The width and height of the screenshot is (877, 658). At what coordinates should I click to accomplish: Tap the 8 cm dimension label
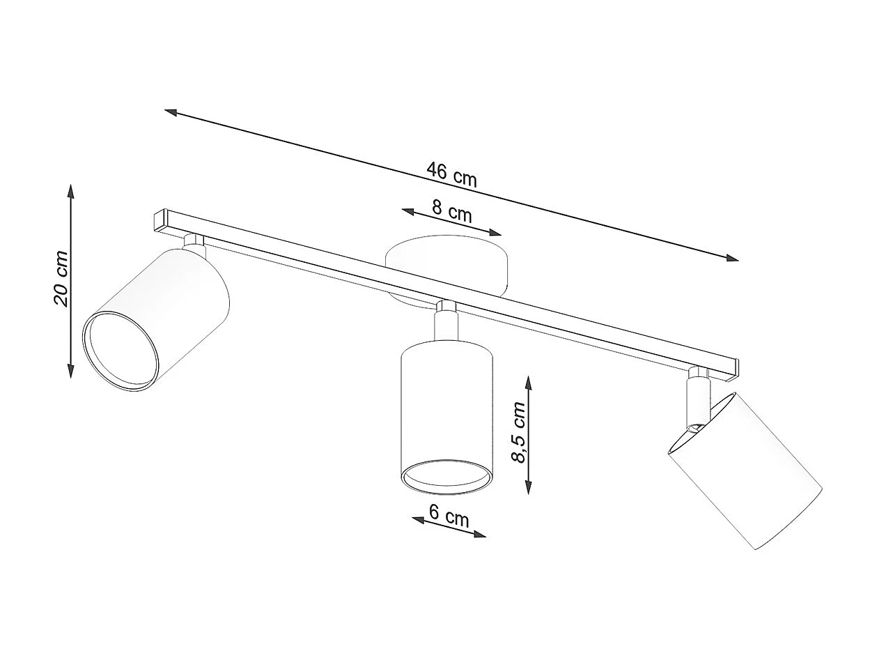tap(451, 211)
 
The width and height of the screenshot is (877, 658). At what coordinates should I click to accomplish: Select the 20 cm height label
tap(61, 277)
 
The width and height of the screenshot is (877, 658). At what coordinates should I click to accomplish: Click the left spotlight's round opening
tap(119, 351)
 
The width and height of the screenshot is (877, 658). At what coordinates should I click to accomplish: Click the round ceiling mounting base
tap(447, 268)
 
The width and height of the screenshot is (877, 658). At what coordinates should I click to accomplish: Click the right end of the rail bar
tap(731, 369)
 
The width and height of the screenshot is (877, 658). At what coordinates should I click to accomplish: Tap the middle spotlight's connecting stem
tap(446, 324)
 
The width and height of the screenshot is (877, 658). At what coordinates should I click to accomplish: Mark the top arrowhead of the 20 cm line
tap(70, 189)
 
